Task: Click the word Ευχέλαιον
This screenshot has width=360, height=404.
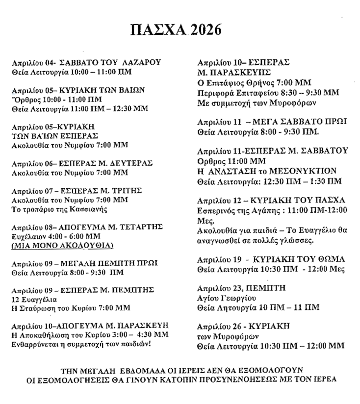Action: point(30,236)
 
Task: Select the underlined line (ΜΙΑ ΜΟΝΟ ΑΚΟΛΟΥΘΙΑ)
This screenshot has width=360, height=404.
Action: point(62,245)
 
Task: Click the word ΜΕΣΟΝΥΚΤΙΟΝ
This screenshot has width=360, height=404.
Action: point(304,171)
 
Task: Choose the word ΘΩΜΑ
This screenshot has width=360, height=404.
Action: point(332,259)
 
